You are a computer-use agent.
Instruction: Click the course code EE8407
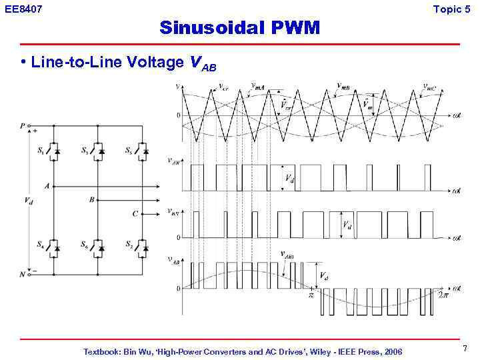click(x=22, y=9)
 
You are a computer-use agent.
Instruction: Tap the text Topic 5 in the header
click(x=456, y=9)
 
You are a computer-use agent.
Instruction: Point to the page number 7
click(x=464, y=349)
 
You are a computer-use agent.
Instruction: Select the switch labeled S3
click(x=99, y=152)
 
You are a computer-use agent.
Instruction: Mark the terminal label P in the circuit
click(x=22, y=125)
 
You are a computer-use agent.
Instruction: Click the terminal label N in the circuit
click(x=22, y=273)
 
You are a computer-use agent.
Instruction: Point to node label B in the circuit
click(x=91, y=199)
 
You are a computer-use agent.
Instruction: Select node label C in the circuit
click(x=135, y=214)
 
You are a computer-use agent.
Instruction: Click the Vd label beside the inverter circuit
click(x=28, y=201)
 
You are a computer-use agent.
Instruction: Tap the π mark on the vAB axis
click(x=310, y=294)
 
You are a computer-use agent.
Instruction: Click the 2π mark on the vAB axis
click(x=443, y=294)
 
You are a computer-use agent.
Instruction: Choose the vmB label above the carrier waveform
click(x=344, y=87)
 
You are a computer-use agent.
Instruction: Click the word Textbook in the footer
click(x=102, y=351)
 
